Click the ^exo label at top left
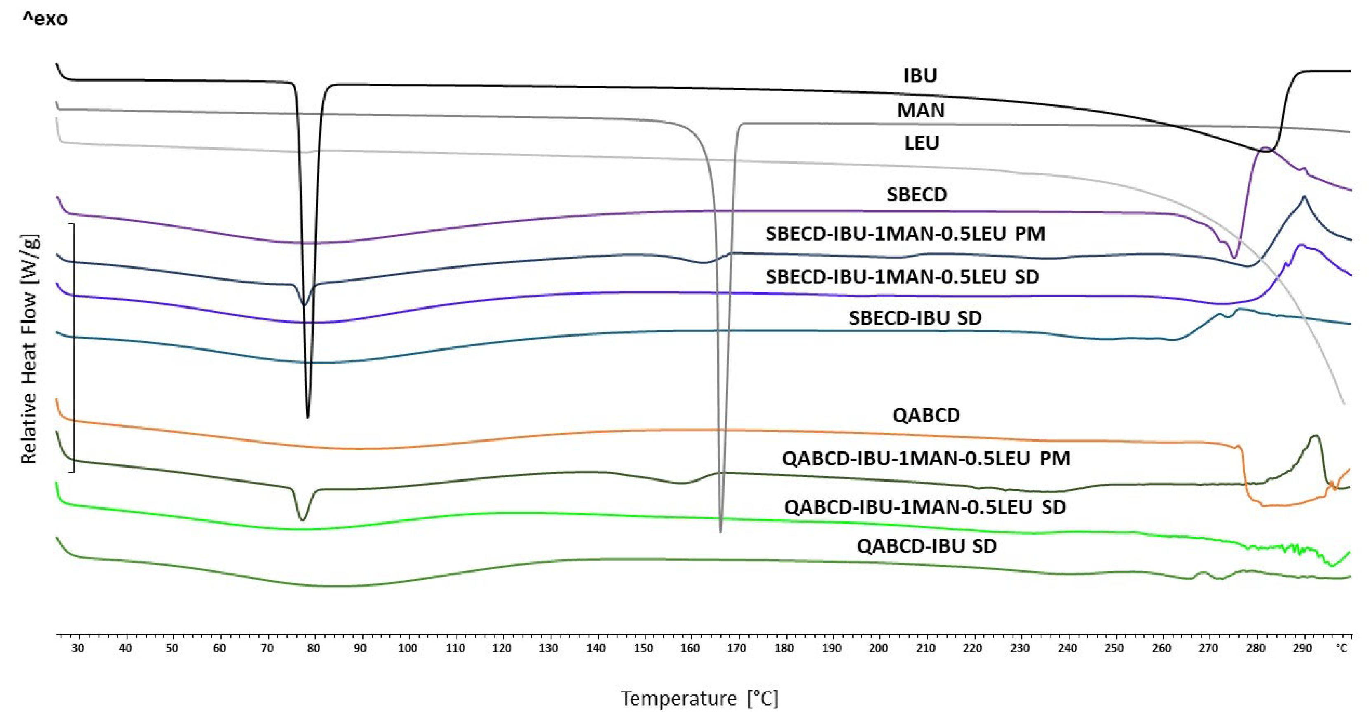pos(45,19)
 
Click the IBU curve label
pos(920,76)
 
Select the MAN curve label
pos(920,111)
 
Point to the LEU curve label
pos(922,143)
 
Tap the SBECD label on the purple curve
pos(917,195)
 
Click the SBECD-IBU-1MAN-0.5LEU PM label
pos(905,234)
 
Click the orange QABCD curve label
pos(926,415)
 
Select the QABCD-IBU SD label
pos(926,547)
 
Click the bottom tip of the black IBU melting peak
pos(308,417)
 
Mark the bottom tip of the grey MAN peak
pos(721,531)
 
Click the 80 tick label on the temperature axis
pos(314,649)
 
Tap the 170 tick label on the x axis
pos(737,649)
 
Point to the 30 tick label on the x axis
pos(78,649)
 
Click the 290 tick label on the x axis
pos(1302,649)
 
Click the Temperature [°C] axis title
pos(699,698)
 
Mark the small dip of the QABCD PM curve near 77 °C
pos(302,519)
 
